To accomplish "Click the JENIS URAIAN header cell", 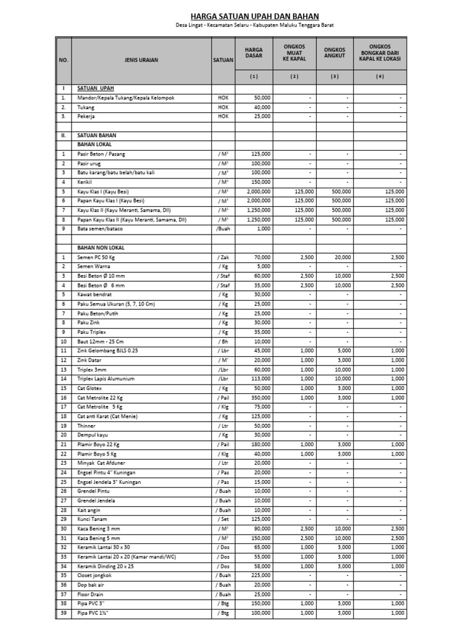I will pyautogui.click(x=142, y=60).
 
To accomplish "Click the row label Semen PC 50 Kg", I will pyautogui.click(x=97, y=256).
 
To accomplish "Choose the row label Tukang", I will pyautogui.click(x=86, y=107).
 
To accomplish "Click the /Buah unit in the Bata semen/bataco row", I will pyautogui.click(x=222, y=228).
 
